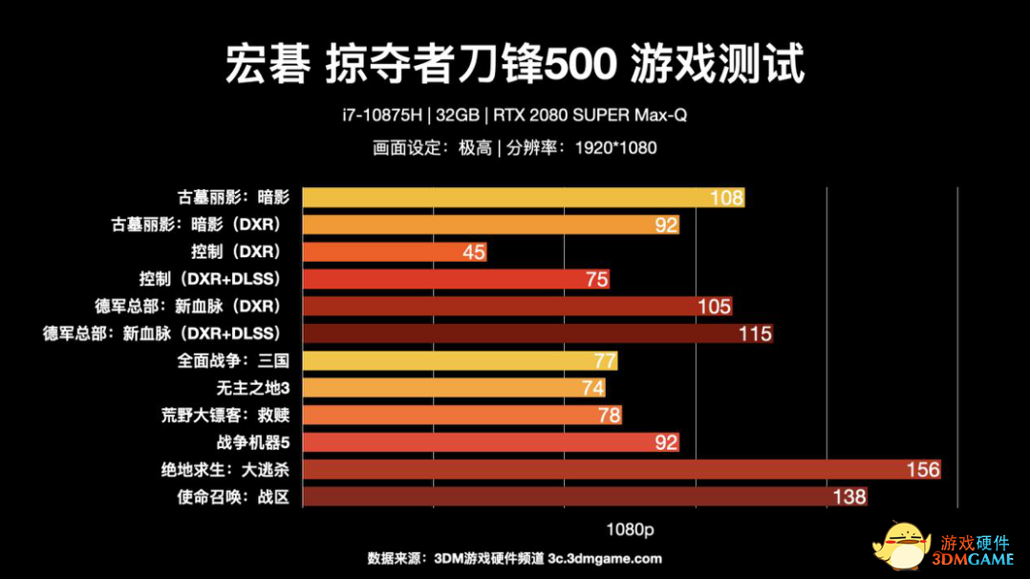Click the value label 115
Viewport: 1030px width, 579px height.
[755, 333]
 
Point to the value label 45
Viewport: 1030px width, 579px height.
[474, 252]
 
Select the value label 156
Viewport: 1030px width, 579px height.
[923, 469]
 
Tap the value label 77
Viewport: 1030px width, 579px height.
[604, 361]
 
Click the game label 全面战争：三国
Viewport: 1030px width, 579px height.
[233, 361]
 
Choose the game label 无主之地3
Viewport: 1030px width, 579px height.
[252, 388]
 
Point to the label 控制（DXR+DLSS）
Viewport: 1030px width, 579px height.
[210, 279]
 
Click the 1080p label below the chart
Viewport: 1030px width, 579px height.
[630, 528]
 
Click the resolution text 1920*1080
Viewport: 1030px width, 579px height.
[615, 148]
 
